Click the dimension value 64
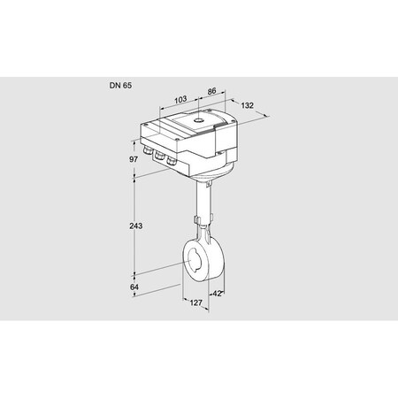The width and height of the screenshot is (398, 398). pyautogui.click(x=134, y=287)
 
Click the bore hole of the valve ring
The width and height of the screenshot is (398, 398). pyautogui.click(x=195, y=261)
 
